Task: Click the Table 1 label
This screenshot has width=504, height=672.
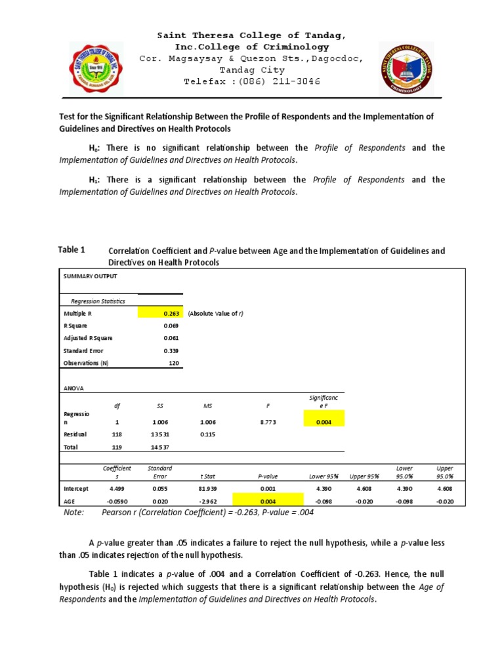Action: pos(72,249)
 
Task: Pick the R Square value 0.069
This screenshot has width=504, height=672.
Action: pos(170,325)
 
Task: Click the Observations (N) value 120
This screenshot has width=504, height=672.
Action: pos(174,363)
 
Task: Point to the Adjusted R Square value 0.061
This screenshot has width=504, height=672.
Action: pos(170,338)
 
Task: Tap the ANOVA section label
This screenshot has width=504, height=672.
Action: pos(73,388)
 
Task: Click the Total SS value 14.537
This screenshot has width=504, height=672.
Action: pos(160,448)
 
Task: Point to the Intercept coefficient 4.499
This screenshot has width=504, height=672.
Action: pos(117,489)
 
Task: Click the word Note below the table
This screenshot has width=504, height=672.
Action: pos(73,513)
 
